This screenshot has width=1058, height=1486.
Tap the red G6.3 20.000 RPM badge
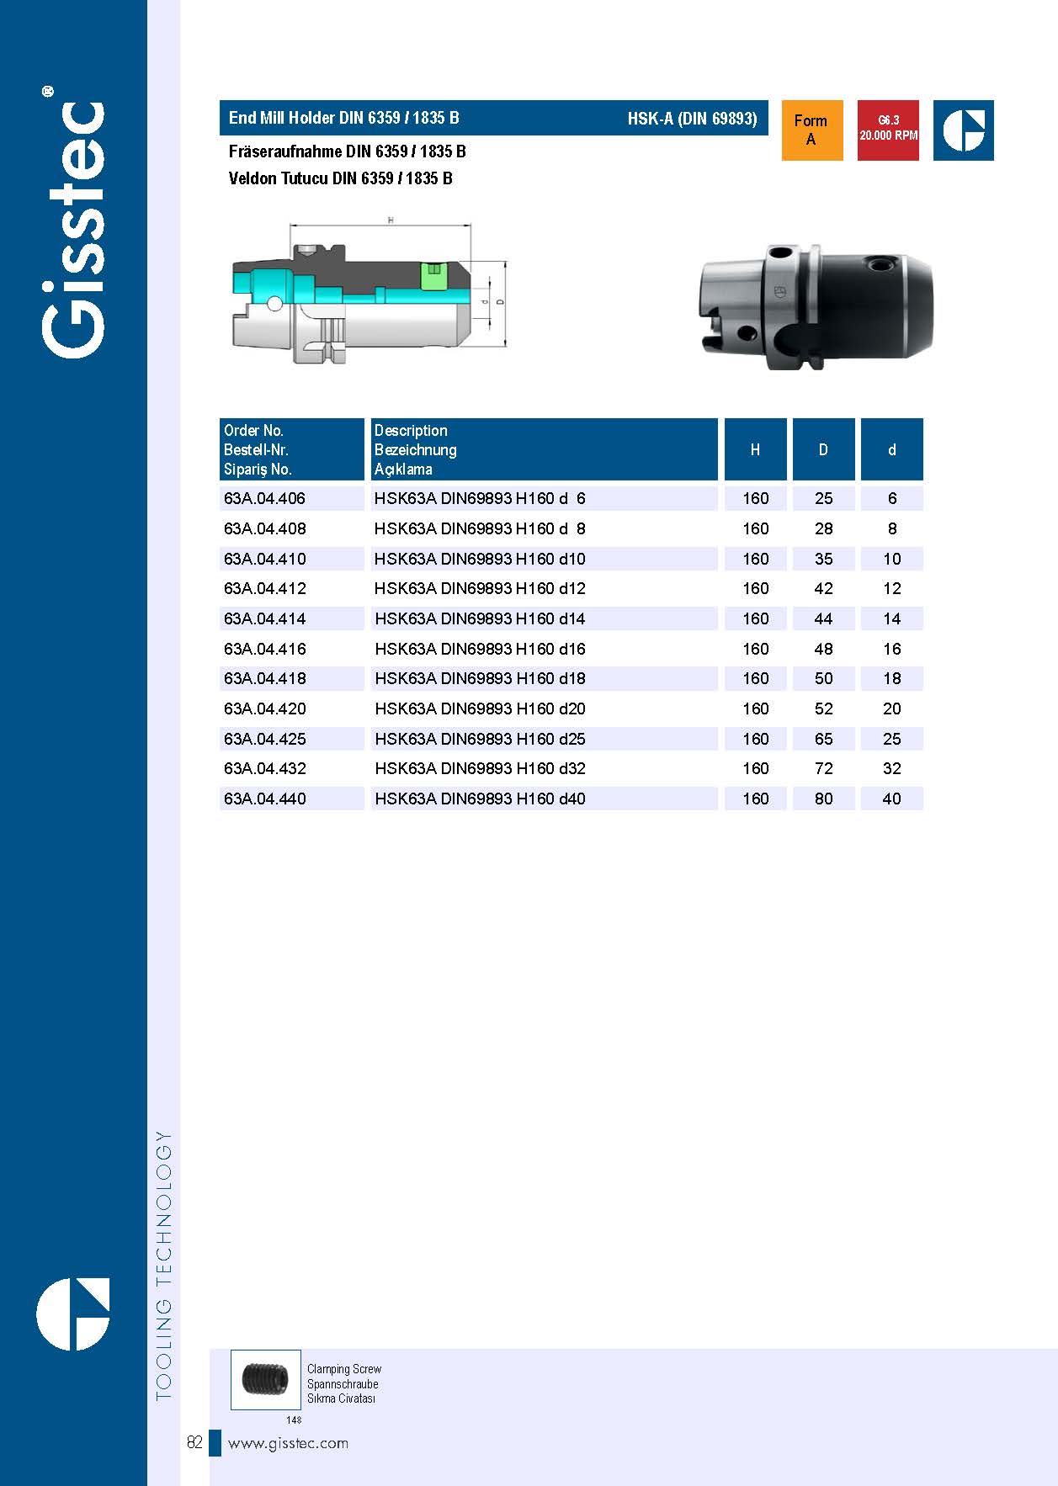tap(888, 130)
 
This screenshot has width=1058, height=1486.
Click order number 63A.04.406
tap(264, 498)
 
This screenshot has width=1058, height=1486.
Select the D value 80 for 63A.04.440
tap(823, 799)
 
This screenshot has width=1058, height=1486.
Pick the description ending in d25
tap(480, 739)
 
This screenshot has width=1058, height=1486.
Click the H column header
tap(755, 449)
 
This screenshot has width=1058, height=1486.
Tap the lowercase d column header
tap(891, 449)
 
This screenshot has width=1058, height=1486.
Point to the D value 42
tap(823, 588)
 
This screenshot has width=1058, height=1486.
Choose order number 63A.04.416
tap(264, 649)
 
